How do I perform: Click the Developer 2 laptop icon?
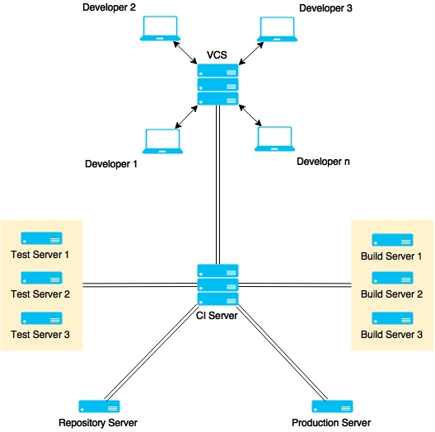pyautogui.click(x=160, y=29)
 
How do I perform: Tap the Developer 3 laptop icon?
pyautogui.click(x=277, y=29)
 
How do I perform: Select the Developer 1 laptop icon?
pyautogui.click(x=162, y=141)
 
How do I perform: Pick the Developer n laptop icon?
pyautogui.click(x=274, y=139)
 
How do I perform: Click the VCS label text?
pyautogui.click(x=217, y=54)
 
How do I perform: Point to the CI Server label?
pyautogui.click(x=217, y=316)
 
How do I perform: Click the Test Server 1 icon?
pyautogui.click(x=42, y=238)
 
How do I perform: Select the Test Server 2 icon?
pyautogui.click(x=42, y=278)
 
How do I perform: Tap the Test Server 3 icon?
pyautogui.click(x=42, y=318)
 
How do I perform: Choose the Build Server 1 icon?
pyautogui.click(x=392, y=240)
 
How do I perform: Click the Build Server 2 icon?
pyautogui.click(x=392, y=278)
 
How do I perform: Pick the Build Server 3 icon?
pyautogui.click(x=392, y=318)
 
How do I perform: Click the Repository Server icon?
pyautogui.click(x=99, y=406)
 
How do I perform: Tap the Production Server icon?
pyautogui.click(x=332, y=406)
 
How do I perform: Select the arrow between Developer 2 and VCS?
pyautogui.click(x=185, y=53)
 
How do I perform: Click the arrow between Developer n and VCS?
pyautogui.click(x=250, y=115)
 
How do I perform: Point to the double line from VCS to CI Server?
pyautogui.click(x=217, y=185)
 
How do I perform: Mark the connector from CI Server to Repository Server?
pyautogui.click(x=152, y=353)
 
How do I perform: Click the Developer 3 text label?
pyautogui.click(x=325, y=8)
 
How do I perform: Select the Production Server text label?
pyautogui.click(x=331, y=423)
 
